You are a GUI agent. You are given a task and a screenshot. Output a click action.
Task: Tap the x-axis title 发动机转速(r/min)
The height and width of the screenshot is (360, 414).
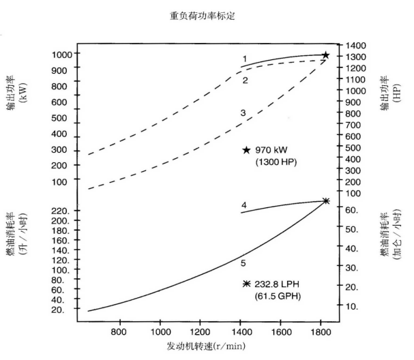(205, 346)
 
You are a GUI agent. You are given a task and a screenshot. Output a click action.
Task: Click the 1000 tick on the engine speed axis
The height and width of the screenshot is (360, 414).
(160, 332)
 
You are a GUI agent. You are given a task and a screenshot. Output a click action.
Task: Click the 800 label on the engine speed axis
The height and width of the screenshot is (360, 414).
(119, 332)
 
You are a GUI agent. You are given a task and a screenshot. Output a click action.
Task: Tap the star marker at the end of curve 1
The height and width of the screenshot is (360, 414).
(325, 55)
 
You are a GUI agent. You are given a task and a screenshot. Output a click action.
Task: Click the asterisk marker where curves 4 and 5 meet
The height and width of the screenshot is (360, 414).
(325, 200)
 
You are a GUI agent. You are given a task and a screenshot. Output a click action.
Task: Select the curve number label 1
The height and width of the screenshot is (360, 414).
(244, 59)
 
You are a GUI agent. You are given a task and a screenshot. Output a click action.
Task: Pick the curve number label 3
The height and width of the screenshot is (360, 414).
(243, 112)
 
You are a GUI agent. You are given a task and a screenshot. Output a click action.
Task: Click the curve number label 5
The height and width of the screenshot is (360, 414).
(243, 261)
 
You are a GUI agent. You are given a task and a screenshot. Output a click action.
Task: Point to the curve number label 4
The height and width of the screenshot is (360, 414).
(243, 205)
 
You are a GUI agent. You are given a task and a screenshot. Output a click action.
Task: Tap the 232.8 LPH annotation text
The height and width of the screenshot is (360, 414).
(282, 284)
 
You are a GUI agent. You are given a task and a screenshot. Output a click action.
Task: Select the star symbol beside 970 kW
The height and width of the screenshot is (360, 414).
(246, 150)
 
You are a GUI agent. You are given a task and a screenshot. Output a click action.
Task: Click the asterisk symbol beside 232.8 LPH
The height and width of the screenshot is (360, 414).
(246, 284)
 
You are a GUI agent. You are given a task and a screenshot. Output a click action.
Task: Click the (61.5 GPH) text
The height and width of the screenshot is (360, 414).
(278, 296)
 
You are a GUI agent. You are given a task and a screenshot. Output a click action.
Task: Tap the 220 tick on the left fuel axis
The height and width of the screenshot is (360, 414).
(59, 211)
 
